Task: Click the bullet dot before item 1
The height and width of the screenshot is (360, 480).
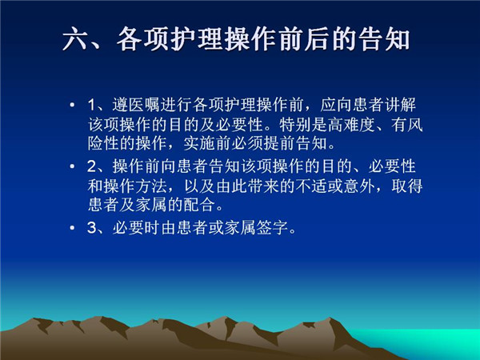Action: [x=72, y=105]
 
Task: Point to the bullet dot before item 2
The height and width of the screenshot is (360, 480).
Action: [x=72, y=166]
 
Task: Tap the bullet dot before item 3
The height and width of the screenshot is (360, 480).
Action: [x=72, y=228]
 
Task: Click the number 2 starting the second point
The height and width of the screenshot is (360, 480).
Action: [x=92, y=166]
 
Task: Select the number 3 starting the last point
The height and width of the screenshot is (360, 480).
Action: [x=92, y=228]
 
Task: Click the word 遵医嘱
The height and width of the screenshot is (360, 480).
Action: [x=136, y=105]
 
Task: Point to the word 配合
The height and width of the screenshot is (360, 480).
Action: [x=199, y=205]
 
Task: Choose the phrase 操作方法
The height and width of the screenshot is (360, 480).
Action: [x=127, y=186]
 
